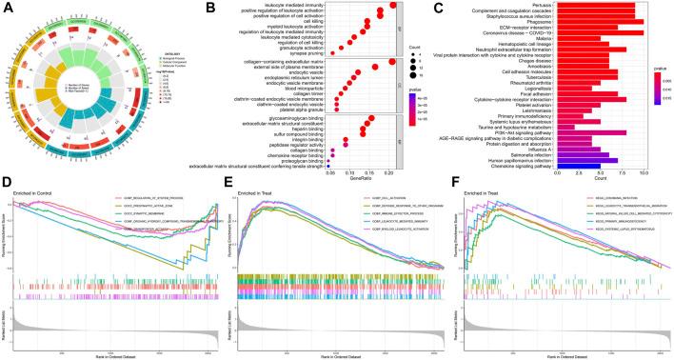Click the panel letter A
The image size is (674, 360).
tap(6, 7)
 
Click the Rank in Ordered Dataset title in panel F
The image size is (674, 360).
tap(562, 355)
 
